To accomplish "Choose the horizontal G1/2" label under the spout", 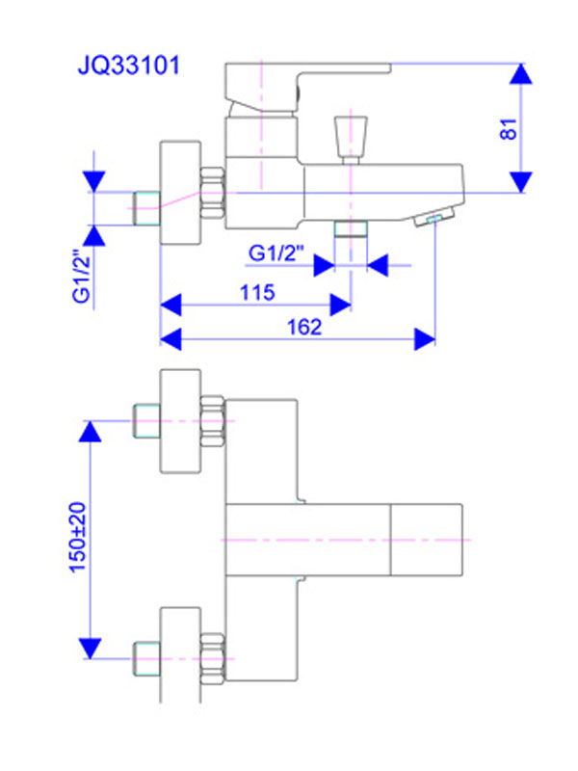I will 276,253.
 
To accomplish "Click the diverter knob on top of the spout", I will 350,137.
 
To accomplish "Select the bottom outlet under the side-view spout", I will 351,227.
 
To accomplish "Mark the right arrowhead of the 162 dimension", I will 425,338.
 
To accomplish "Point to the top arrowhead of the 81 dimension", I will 521,74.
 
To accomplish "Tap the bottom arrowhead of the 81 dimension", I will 521,181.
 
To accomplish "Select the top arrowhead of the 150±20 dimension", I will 91,431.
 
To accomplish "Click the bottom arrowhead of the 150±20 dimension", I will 91,649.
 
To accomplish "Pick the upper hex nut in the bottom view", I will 212,420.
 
